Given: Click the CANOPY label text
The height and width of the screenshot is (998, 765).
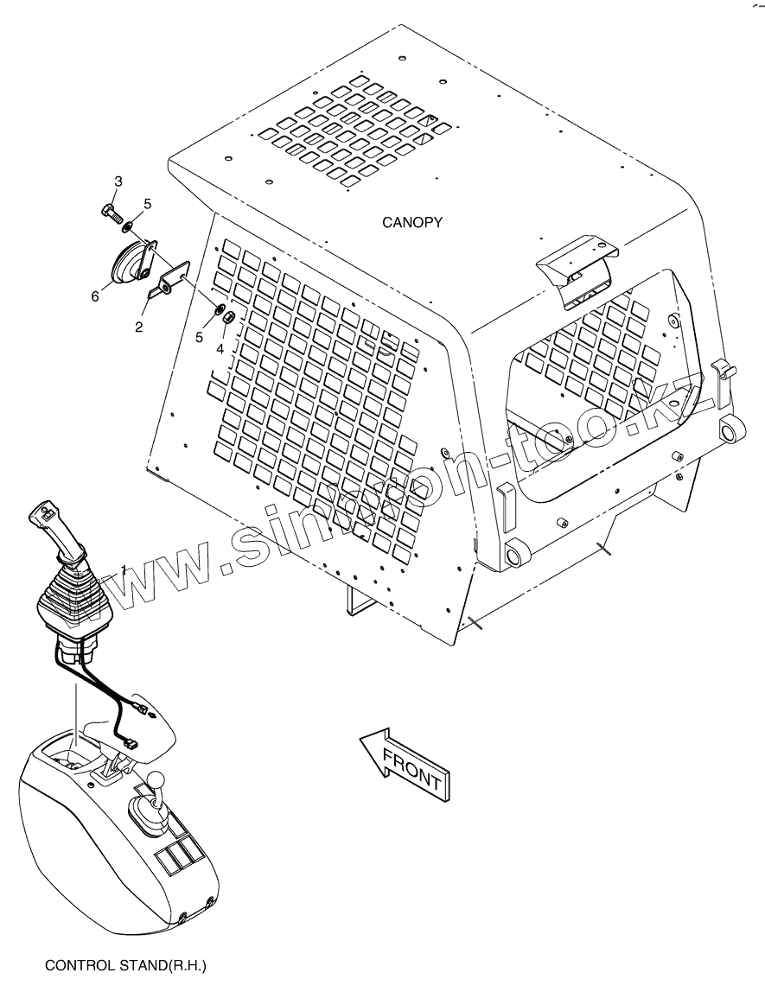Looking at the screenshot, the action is coord(411,222).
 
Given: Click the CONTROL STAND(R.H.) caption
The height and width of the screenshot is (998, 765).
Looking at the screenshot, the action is coord(125,965).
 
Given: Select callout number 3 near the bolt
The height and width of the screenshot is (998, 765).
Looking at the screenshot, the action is coord(118,181).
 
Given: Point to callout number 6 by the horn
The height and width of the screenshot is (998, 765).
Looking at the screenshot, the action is coord(95,296).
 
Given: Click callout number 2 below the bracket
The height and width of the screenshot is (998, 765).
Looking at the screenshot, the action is coord(139,327).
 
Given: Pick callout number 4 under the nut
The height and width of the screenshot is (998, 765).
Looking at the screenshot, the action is coord(220,348).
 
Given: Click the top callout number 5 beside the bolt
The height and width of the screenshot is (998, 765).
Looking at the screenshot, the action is coord(148,204).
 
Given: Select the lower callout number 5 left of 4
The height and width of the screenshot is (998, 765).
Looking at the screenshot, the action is coord(200,337).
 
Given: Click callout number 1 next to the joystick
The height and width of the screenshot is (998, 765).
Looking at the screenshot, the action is coord(124,569).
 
